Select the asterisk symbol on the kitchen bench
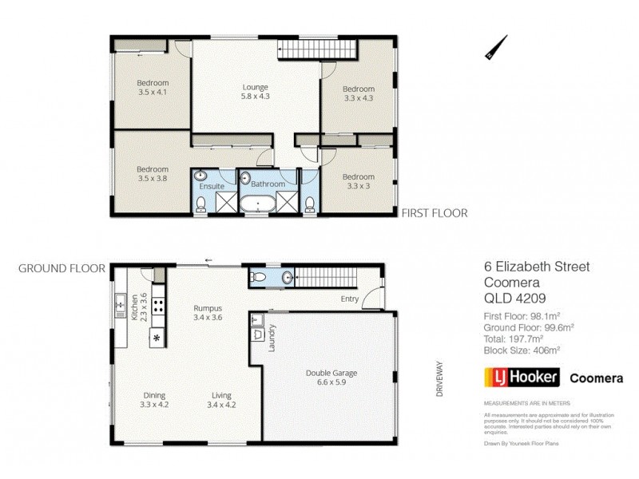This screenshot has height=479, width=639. [x=157, y=338]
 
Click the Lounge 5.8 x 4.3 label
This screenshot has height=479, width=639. [x=256, y=92]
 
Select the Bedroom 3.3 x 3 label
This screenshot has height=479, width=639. [x=359, y=181]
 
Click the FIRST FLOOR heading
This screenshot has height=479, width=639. [x=434, y=213]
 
